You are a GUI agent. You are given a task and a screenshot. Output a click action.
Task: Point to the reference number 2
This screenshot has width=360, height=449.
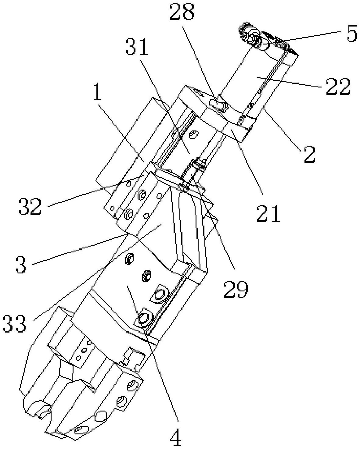[310, 155]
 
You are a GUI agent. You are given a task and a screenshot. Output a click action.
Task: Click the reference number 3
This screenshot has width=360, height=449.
[21, 264]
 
